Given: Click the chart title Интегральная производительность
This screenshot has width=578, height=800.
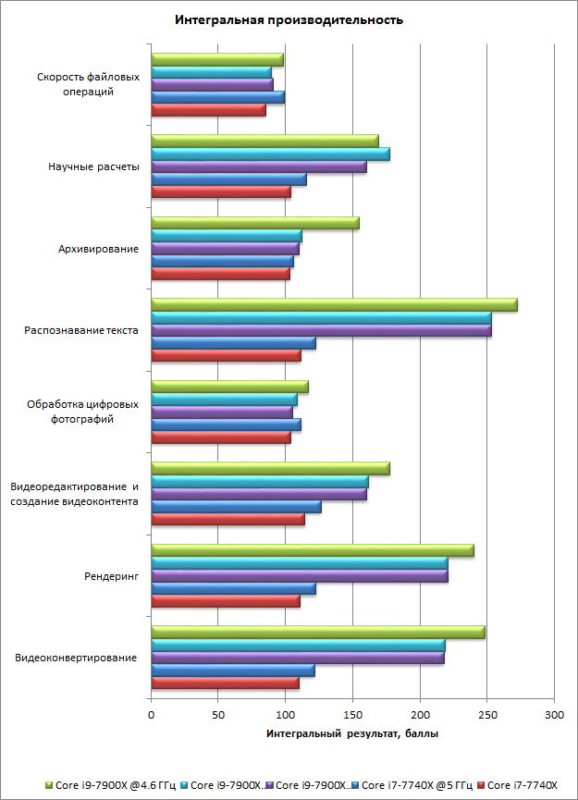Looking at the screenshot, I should coord(289,19).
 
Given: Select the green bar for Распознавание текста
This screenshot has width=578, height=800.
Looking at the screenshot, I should coord(334,305).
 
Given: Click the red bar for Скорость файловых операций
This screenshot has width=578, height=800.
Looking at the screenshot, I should coord(208,110).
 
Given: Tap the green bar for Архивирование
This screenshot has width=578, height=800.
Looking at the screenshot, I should coord(254,223).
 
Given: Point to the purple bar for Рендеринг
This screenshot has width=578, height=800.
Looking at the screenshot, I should coord(299,576).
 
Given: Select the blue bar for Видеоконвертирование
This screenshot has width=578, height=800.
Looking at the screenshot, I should coord(232,671).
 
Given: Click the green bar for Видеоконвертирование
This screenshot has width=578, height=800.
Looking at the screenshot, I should coord(317,632).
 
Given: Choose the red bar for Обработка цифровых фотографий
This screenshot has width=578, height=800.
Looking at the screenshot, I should coord(220,437).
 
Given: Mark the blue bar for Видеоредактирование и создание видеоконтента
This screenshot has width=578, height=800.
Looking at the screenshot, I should coord(236,507).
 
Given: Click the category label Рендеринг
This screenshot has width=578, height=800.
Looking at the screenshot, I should coord(111,576).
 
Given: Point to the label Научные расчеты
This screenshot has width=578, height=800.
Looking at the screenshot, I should coord(94,167).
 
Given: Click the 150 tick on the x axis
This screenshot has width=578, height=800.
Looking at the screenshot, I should coord(352,715).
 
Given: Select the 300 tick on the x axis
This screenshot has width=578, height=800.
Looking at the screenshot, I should coord(554,715).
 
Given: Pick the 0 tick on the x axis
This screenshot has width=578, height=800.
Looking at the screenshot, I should coord(151,715).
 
